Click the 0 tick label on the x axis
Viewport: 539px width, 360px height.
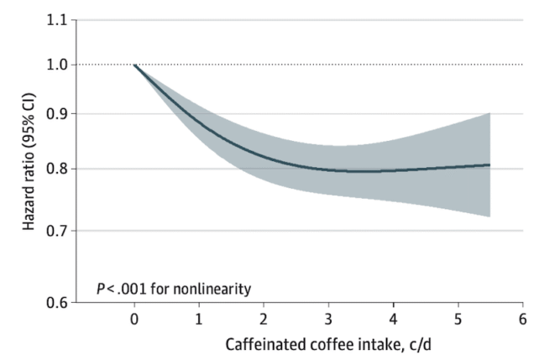coord(134,319)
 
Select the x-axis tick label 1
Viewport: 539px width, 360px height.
coord(199,319)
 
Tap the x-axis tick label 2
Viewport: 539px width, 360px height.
coord(264,319)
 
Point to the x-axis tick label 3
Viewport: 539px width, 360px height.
coord(328,319)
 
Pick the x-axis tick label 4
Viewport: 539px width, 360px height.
coord(393,319)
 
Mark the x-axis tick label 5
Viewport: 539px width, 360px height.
coord(458,319)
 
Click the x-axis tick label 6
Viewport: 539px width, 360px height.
coord(522,319)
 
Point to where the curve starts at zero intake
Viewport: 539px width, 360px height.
coord(135,65)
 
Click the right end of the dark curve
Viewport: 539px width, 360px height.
coord(489,165)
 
